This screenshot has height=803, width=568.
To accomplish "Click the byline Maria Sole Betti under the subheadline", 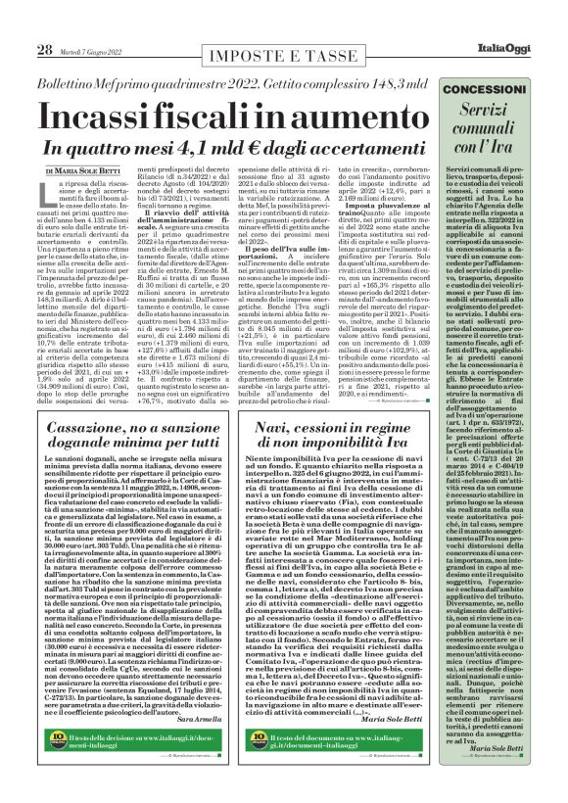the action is (100, 172).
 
